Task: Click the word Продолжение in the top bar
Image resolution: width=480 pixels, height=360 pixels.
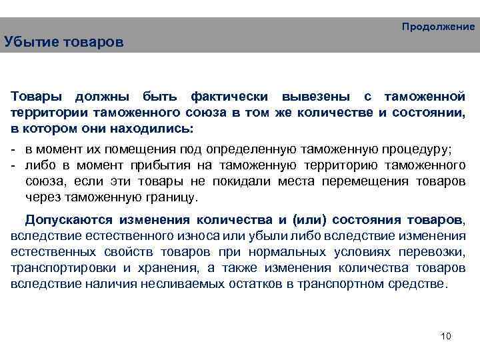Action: coord(438,27)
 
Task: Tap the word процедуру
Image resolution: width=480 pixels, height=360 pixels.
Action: coord(414,148)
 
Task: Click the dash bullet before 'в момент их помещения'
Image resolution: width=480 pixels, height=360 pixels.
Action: coord(15,148)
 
